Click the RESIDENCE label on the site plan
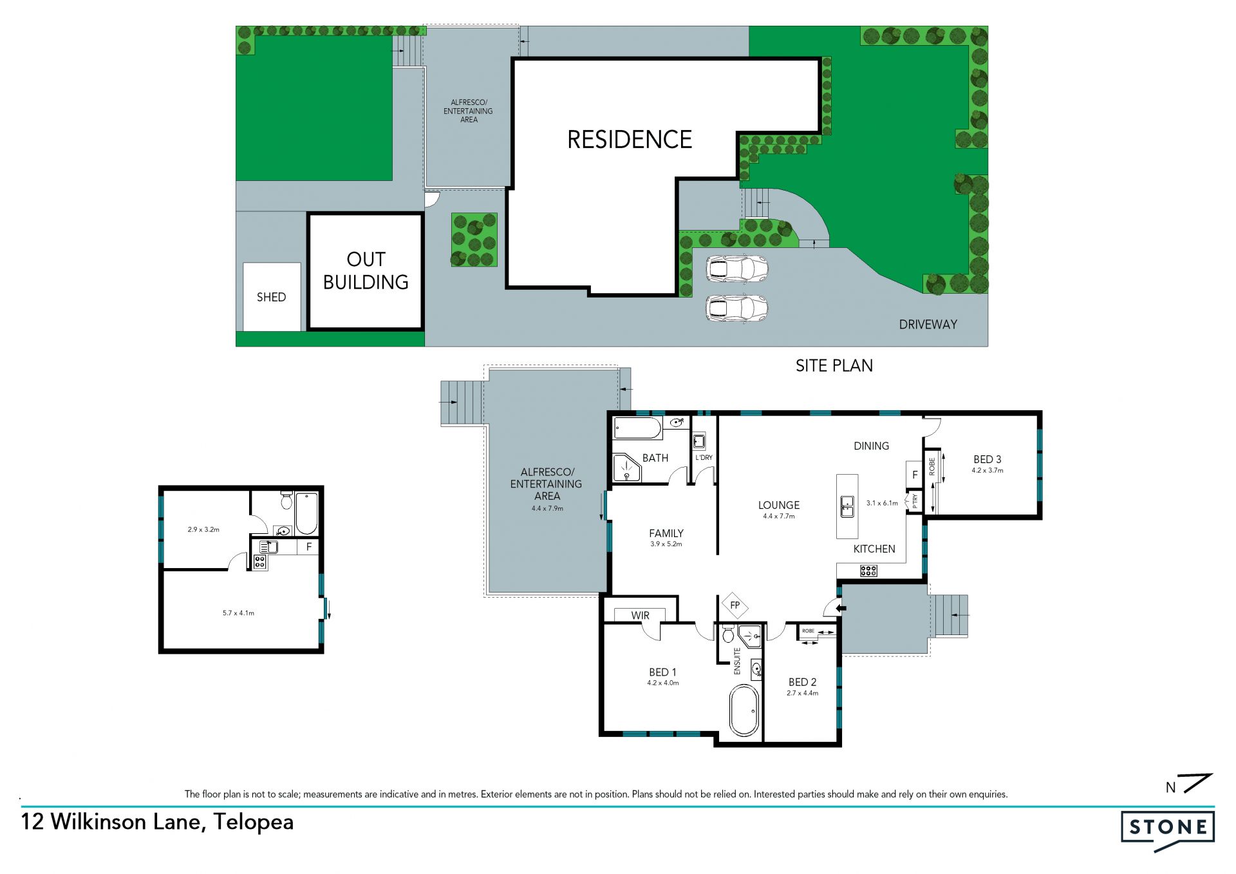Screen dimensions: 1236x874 click(630, 139)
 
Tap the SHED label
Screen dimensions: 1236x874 click(271, 297)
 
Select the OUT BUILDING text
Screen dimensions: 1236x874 click(366, 271)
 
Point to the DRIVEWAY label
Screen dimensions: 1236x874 click(928, 325)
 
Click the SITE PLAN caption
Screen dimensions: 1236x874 click(834, 366)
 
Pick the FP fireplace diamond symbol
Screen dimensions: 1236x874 click(735, 605)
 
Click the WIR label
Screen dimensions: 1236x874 click(640, 616)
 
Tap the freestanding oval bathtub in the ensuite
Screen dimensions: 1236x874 click(744, 710)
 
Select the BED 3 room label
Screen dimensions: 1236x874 click(987, 459)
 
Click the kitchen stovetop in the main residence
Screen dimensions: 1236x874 click(868, 570)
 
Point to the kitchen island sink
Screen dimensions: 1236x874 click(847, 506)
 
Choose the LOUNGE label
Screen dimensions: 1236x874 click(779, 506)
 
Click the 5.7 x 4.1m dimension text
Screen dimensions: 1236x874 click(238, 613)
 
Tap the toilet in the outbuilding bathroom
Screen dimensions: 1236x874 click(286, 500)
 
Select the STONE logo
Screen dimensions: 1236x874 click(1168, 831)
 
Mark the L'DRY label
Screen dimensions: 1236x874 click(704, 458)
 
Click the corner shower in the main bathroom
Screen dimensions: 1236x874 click(626, 468)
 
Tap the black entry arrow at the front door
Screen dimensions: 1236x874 click(839, 607)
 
